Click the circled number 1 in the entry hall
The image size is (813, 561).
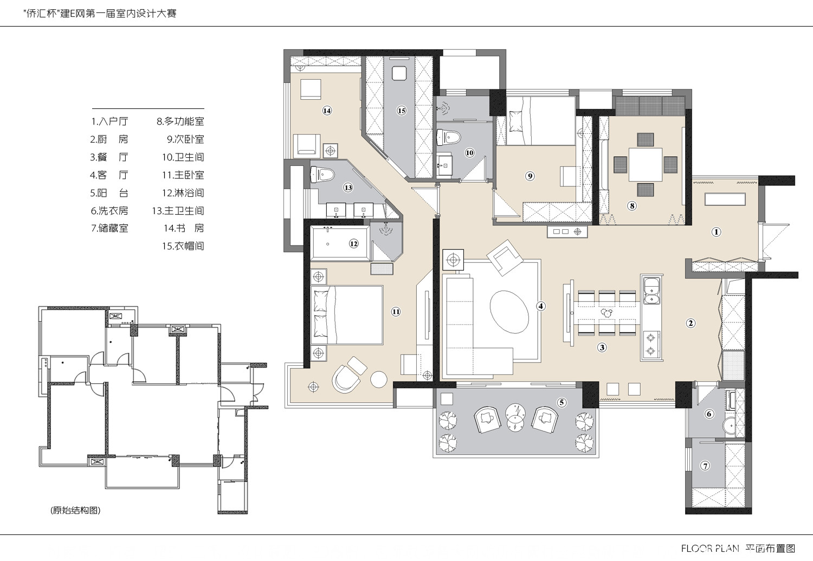point(716,232)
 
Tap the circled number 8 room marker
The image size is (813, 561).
point(632,206)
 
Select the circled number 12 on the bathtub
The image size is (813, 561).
point(354,244)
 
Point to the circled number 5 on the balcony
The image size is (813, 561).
point(562,402)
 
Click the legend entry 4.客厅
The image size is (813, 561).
point(109,175)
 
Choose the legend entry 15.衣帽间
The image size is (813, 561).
point(183,246)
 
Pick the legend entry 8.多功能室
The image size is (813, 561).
point(180,121)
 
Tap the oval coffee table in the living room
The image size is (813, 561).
point(509,312)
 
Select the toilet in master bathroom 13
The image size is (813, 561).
point(323,175)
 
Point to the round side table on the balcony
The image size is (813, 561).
point(515,418)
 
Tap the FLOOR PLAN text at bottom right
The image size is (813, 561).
point(710,549)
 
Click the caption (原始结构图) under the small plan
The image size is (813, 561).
point(75,510)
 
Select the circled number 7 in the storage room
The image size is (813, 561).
point(705,466)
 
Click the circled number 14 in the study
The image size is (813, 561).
point(327,111)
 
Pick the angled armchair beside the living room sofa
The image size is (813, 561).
point(505,256)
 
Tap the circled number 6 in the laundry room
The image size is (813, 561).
point(709,414)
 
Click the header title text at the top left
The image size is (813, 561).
point(101,14)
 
